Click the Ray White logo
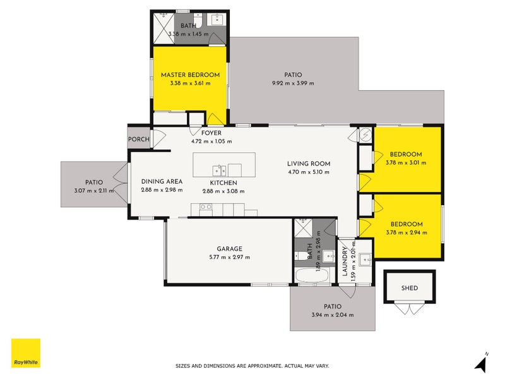click(26, 353)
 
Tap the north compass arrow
click(482, 363)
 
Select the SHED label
click(410, 288)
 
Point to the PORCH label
click(138, 140)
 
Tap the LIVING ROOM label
click(309, 164)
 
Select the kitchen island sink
click(219, 170)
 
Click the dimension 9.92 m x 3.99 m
click(292, 83)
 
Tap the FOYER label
click(211, 133)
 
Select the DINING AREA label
click(162, 181)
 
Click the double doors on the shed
click(410, 310)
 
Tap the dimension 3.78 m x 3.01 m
click(406, 162)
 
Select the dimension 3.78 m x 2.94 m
click(406, 232)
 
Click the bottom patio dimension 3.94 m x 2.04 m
click(332, 315)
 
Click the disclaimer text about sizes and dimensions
click(252, 366)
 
